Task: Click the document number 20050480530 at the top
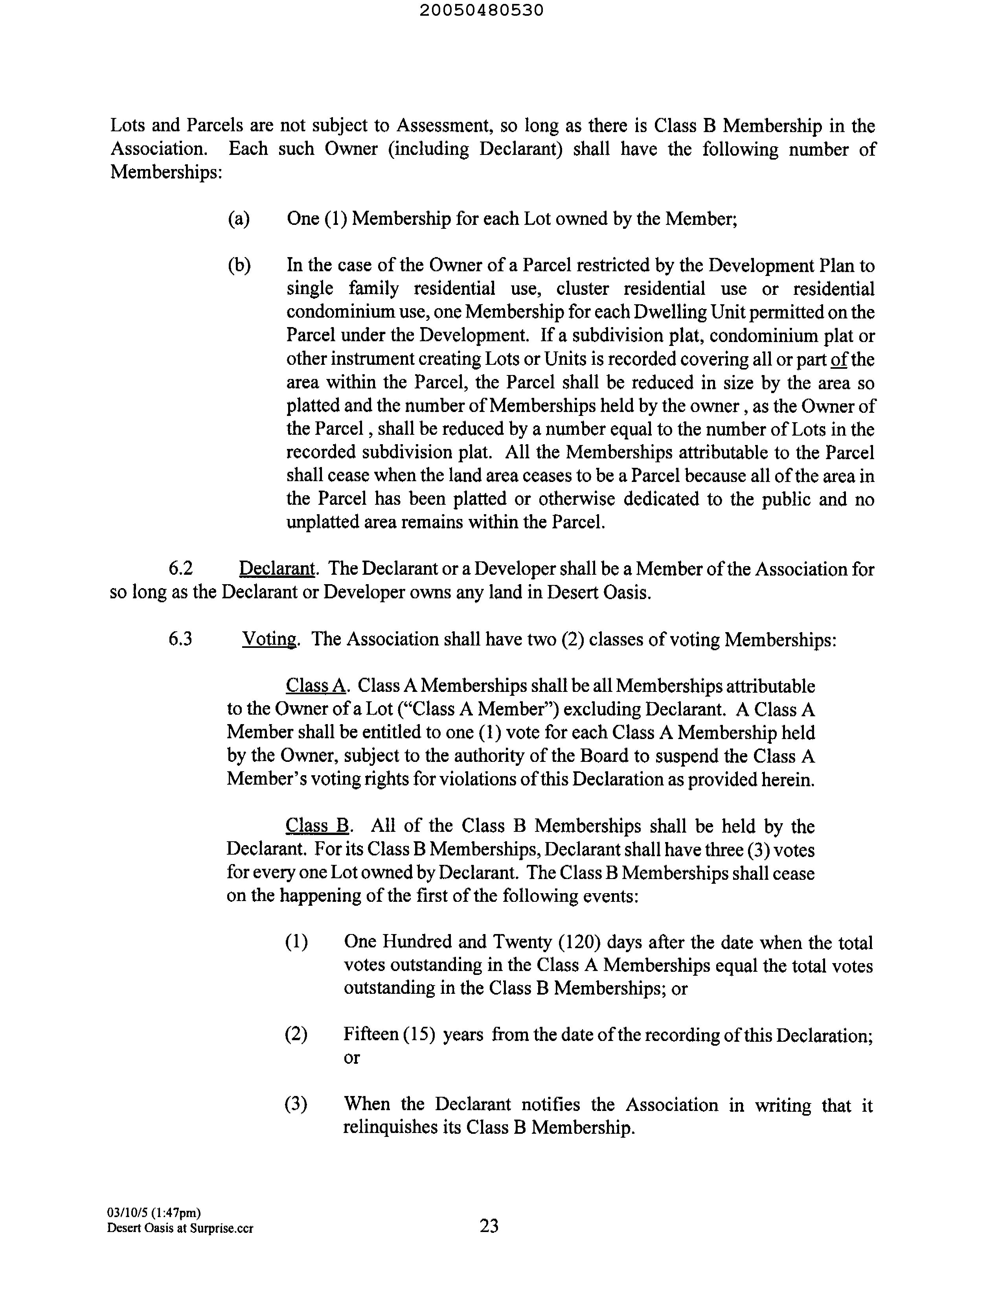(481, 10)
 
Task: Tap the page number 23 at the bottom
(489, 1226)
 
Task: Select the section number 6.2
(181, 569)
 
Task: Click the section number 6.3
(181, 639)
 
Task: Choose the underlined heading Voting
(269, 639)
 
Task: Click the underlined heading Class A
(316, 686)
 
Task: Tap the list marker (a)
(239, 219)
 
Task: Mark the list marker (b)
(239, 265)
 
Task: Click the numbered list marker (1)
(296, 942)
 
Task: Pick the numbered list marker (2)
(296, 1035)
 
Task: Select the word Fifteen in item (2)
(370, 1034)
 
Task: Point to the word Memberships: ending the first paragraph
(166, 172)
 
